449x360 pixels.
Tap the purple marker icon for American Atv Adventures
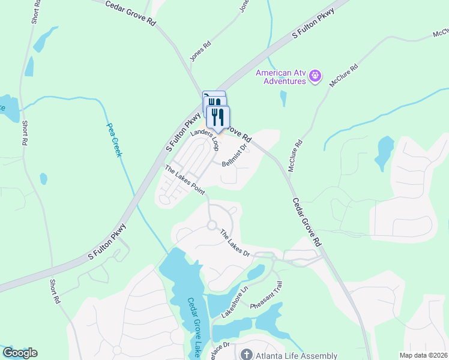coord(316,76)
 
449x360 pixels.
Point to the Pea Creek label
coord(114,140)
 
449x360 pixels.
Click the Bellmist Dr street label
coord(234,155)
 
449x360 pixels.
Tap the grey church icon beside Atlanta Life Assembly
coord(246,355)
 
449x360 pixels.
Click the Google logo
coord(20,353)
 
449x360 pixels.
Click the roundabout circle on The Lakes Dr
coord(211,226)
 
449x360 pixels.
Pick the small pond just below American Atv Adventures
coord(283,97)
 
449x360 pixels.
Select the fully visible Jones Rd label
coord(200,51)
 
